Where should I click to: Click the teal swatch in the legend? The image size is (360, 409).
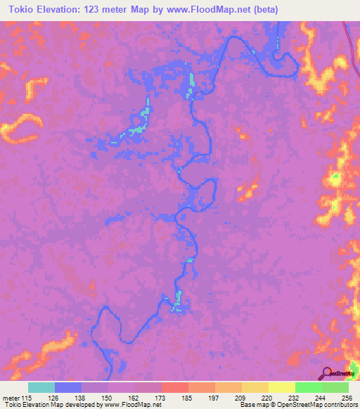(41, 388)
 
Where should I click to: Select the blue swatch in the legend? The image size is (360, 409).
(68, 388)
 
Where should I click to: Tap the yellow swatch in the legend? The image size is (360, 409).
(281, 388)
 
